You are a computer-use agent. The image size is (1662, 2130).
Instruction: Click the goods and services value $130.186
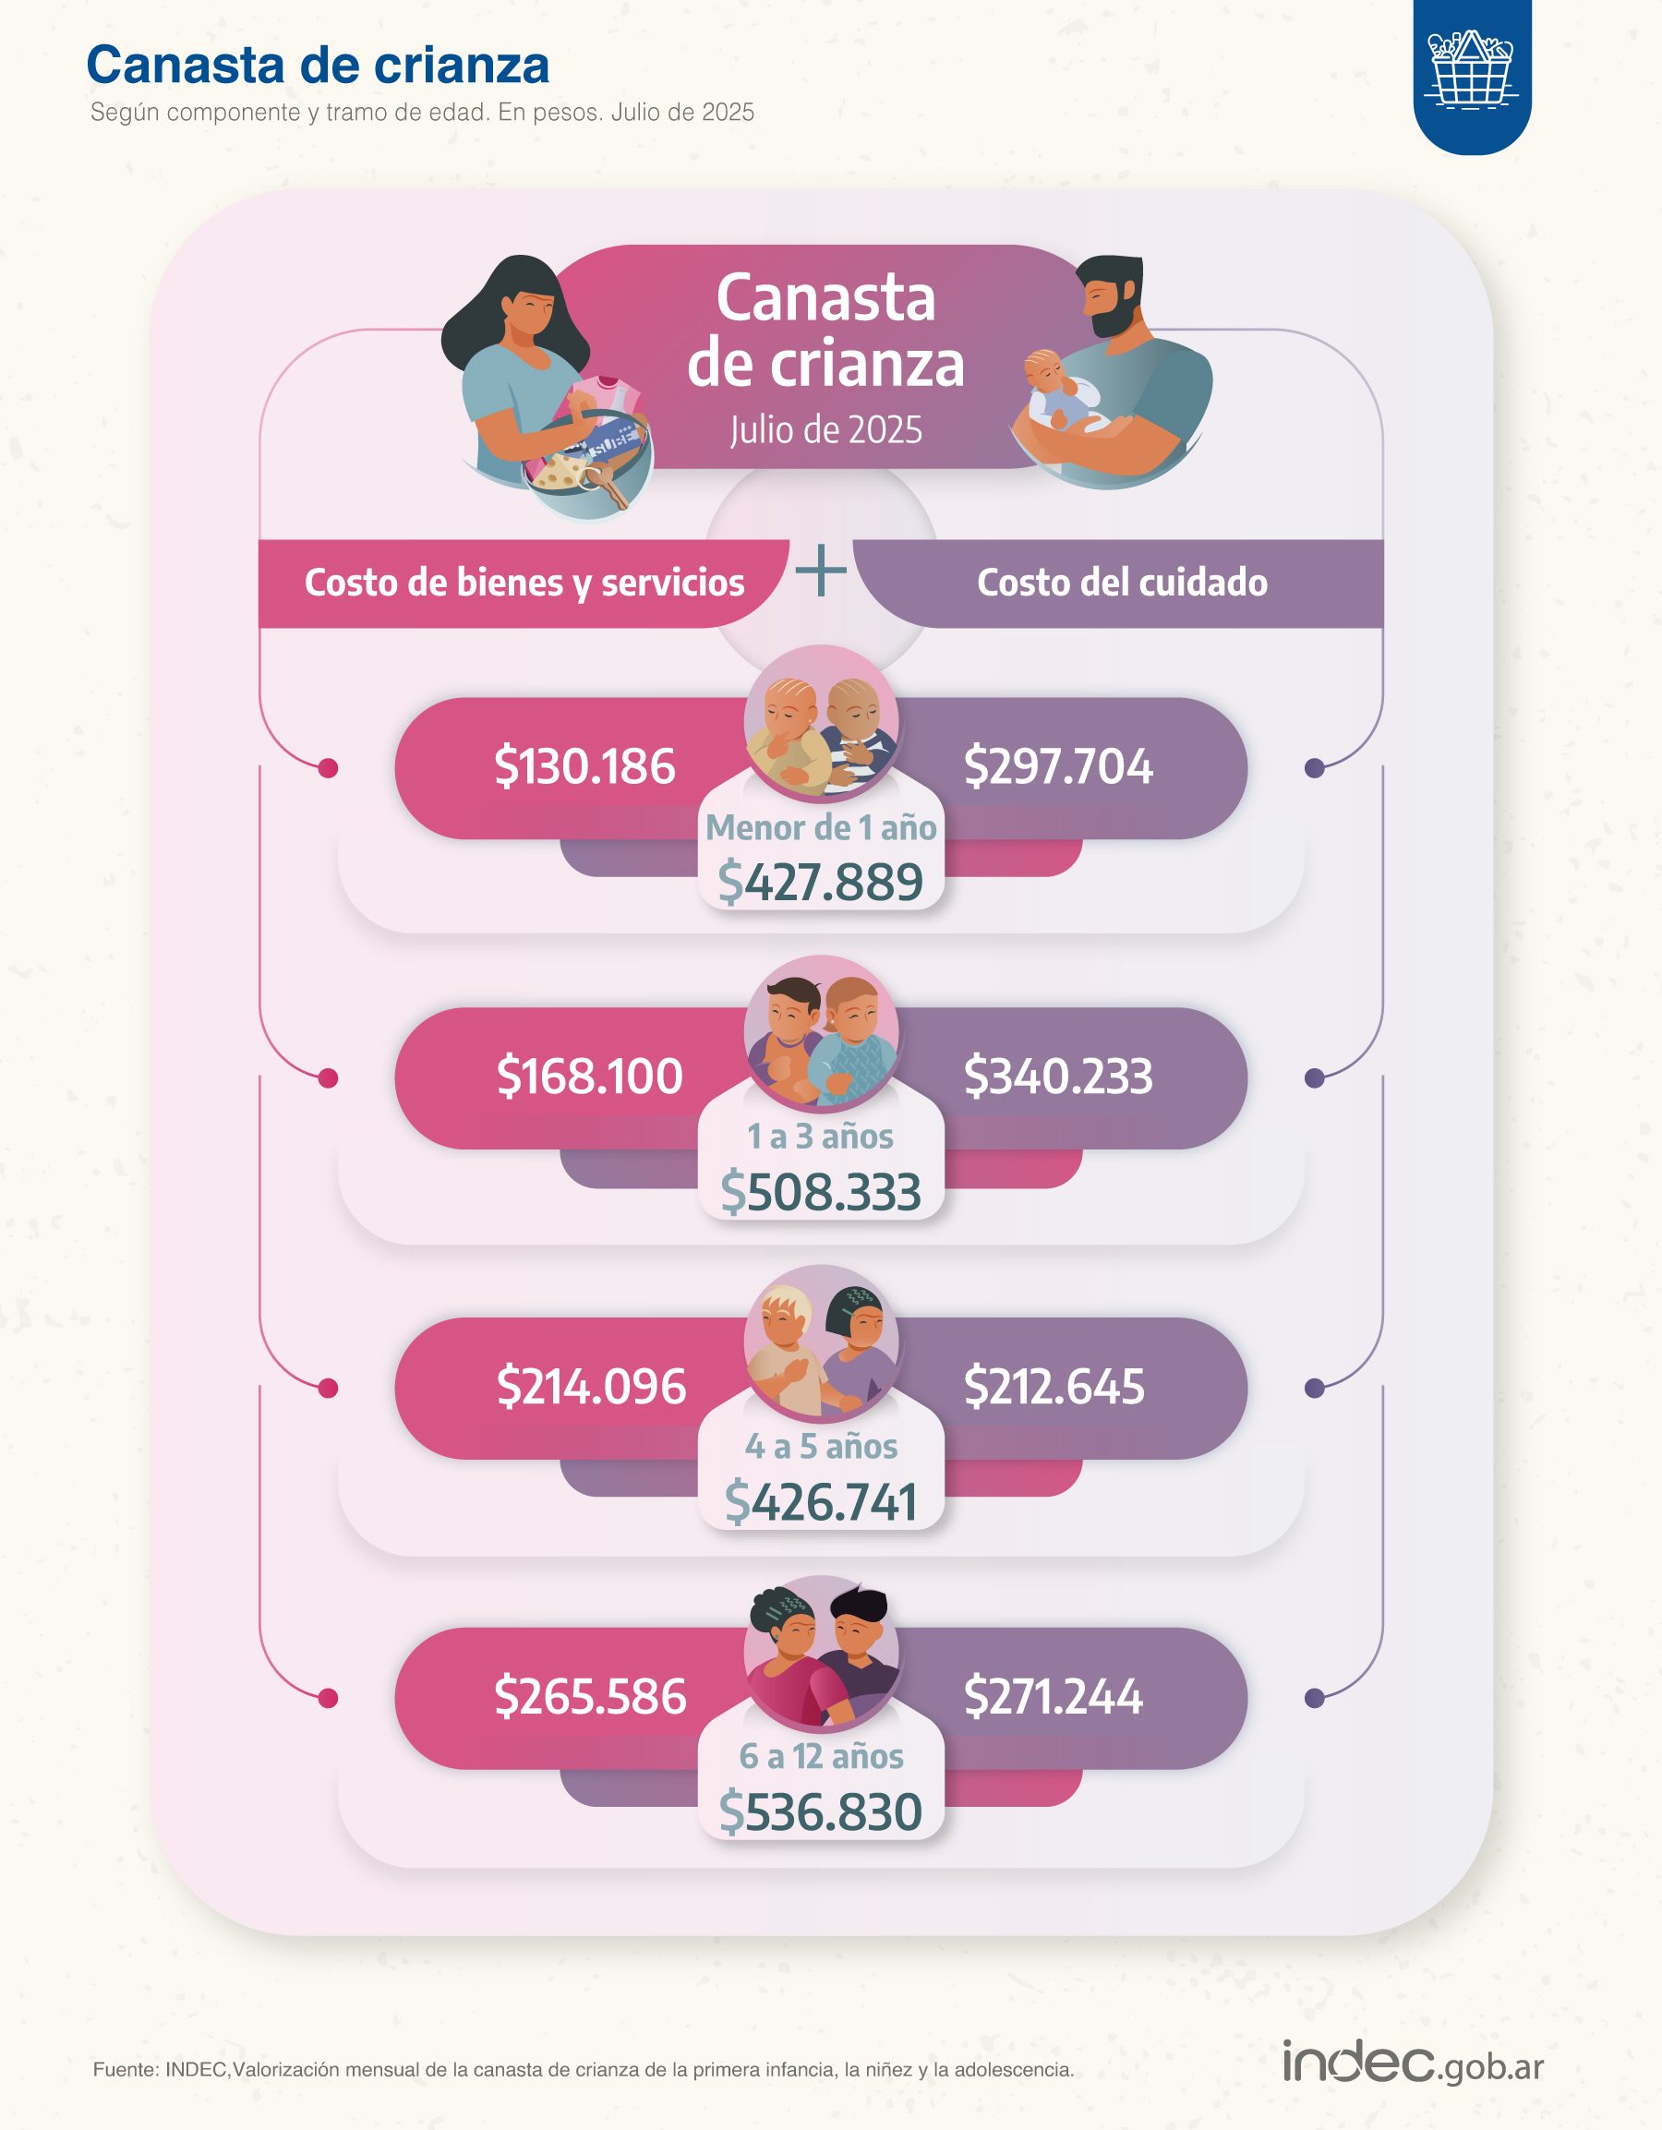[x=584, y=766]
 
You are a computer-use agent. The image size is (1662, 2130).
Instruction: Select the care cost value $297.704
[x=1058, y=766]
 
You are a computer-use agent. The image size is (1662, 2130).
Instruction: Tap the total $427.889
[x=820, y=882]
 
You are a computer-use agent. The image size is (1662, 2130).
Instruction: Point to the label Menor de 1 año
[x=820, y=828]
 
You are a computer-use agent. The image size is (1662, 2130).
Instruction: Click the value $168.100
[x=589, y=1077]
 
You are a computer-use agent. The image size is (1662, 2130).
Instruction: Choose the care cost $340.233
[x=1058, y=1077]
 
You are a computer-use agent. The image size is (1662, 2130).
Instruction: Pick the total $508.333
[x=820, y=1192]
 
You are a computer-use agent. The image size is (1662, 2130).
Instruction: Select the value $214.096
[x=591, y=1387]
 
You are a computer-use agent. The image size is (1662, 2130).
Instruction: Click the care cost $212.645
[x=1054, y=1387]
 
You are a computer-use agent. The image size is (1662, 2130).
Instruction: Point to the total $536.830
[x=820, y=1812]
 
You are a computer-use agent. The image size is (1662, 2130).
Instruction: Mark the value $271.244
[x=1054, y=1697]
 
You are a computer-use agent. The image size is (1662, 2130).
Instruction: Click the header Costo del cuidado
[x=1122, y=583]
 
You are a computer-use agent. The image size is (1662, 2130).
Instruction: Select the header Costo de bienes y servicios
[x=524, y=583]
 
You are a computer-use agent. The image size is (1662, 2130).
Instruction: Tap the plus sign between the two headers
[x=820, y=571]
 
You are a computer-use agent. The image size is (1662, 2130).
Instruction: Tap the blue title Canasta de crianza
[x=318, y=66]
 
